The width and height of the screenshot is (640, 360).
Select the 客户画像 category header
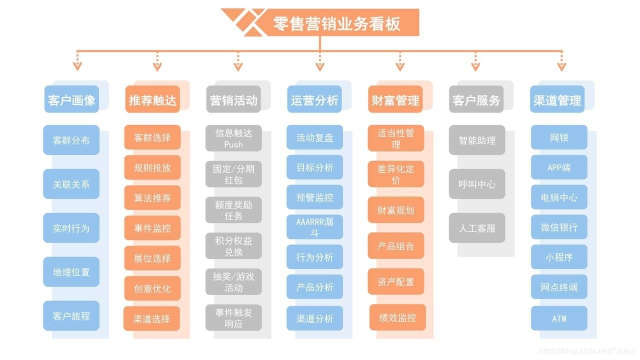point(71,100)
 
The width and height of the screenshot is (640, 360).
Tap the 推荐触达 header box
point(152,100)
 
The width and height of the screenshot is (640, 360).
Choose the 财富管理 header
point(395,100)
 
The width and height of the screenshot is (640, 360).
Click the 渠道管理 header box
point(557,100)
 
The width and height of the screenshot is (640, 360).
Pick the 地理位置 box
point(71,272)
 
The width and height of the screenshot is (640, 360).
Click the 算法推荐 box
point(152,198)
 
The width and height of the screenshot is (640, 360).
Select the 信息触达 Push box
point(233,138)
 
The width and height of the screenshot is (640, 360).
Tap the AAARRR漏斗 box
point(314,227)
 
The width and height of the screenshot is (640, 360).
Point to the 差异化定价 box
point(395,174)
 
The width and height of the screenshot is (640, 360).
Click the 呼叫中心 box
point(477,184)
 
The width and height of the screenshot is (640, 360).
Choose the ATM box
point(559,318)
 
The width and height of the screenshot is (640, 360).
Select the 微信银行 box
point(559,227)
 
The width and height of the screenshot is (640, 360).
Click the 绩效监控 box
point(397,317)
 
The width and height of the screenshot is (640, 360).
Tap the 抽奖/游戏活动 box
point(233,282)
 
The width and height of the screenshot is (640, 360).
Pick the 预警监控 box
point(314,197)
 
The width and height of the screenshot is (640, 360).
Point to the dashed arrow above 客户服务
point(475,62)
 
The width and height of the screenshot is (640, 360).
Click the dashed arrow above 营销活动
point(238,62)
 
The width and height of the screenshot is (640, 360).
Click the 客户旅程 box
point(71,316)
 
